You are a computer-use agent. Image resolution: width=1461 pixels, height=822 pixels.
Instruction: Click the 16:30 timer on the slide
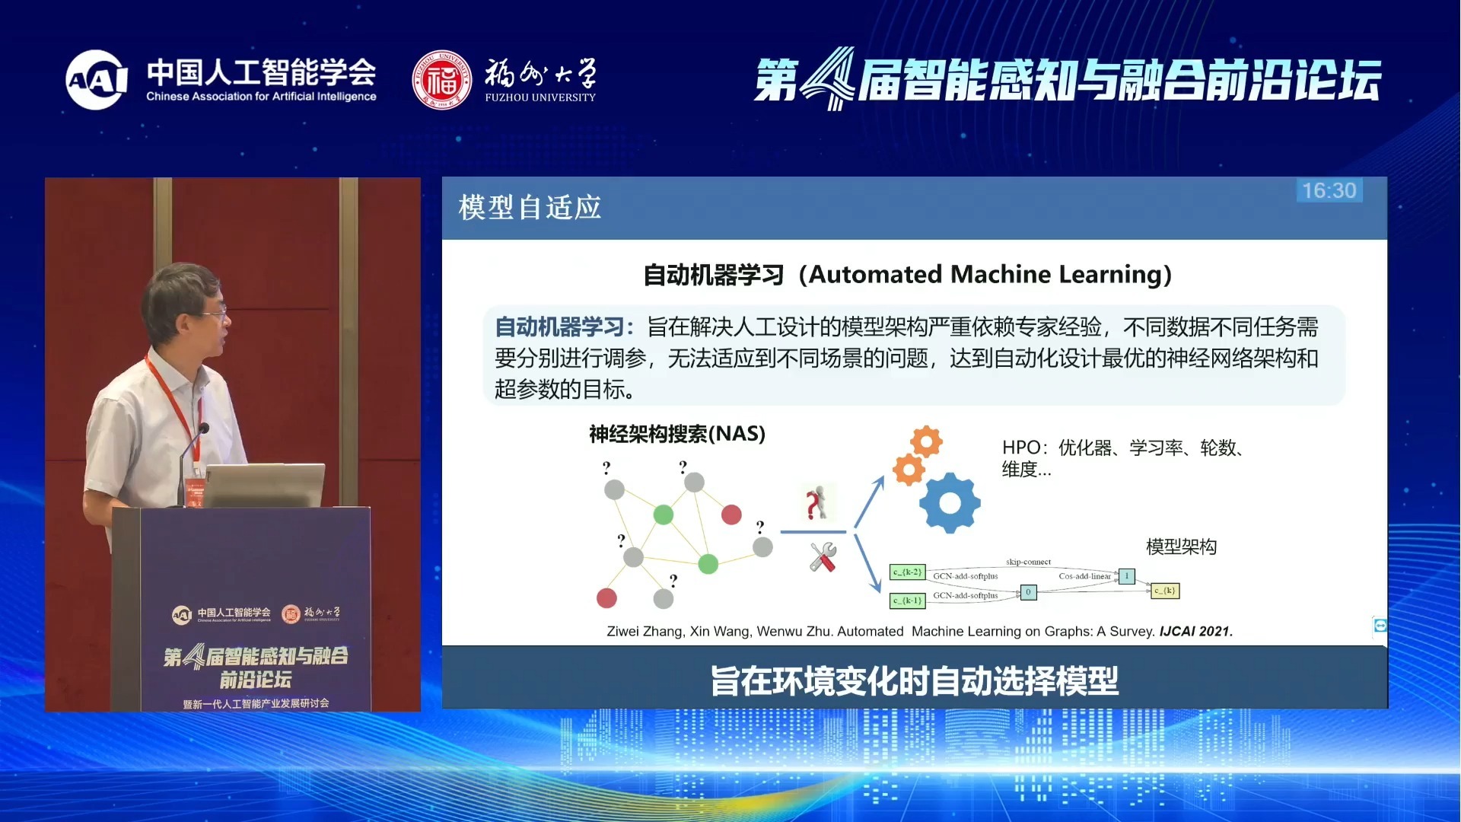pos(1329,190)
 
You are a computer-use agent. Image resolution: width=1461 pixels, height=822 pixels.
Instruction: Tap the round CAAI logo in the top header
pos(97,80)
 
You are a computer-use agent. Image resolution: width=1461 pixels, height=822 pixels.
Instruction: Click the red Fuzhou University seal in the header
pos(441,80)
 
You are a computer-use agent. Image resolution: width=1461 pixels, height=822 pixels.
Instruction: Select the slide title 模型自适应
pos(530,208)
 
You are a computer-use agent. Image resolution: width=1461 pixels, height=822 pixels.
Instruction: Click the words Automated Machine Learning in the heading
pos(989,274)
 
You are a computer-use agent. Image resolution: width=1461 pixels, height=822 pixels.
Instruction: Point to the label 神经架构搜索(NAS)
pos(676,434)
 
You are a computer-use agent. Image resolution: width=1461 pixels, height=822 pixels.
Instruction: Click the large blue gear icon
pos(950,502)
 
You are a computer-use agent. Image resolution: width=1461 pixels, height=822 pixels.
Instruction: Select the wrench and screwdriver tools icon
pos(823,557)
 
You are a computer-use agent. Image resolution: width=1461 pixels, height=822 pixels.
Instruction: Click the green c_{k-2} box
pos(907,572)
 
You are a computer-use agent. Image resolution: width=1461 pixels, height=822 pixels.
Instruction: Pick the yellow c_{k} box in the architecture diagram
pos(1164,591)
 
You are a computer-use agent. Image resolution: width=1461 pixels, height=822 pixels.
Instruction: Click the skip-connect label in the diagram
pos(1028,562)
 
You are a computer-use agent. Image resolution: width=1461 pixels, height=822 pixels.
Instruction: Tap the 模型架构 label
pos(1181,546)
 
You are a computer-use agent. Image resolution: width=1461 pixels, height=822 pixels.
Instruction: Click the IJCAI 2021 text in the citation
pos(1195,631)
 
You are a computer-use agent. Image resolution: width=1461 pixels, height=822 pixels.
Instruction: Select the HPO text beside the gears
pos(1020,448)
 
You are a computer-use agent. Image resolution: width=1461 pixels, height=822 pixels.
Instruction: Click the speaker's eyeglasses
pos(214,312)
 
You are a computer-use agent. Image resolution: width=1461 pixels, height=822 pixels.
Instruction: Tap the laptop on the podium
pos(263,485)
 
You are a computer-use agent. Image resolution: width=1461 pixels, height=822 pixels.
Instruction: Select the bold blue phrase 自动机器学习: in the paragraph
pos(564,327)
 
